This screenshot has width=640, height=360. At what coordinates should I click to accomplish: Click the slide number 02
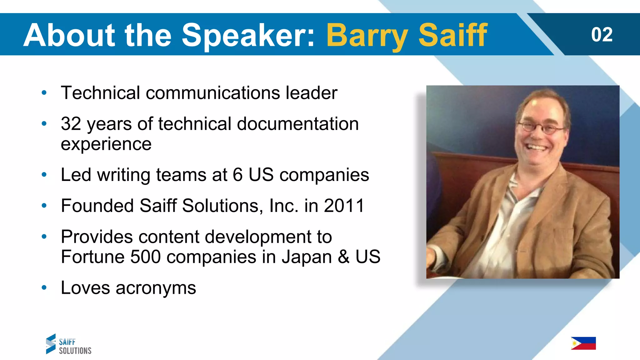(x=602, y=35)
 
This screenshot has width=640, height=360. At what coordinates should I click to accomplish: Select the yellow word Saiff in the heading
(x=452, y=35)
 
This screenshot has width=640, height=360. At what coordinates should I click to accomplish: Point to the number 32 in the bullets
(x=71, y=124)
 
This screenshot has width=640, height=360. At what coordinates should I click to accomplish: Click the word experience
(x=106, y=144)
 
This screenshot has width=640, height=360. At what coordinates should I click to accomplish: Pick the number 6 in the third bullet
(x=237, y=175)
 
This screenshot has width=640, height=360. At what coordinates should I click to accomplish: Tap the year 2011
(x=344, y=206)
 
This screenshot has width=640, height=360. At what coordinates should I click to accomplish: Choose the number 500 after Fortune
(x=145, y=257)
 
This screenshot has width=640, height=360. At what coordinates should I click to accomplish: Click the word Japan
(x=307, y=257)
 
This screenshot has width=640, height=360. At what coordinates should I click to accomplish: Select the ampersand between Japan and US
(x=343, y=257)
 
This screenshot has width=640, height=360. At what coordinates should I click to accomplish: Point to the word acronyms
(x=156, y=288)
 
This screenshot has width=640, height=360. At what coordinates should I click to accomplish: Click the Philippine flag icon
(x=583, y=343)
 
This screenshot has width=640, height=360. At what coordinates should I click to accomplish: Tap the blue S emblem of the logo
(x=51, y=344)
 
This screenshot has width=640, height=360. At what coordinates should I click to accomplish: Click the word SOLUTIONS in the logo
(x=75, y=351)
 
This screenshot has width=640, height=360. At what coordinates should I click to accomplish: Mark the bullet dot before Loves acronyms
(x=44, y=287)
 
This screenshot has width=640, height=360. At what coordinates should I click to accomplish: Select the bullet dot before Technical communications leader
(x=44, y=93)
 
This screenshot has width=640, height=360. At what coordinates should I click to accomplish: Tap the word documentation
(x=297, y=124)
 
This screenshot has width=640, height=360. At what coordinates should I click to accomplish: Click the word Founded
(x=97, y=206)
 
